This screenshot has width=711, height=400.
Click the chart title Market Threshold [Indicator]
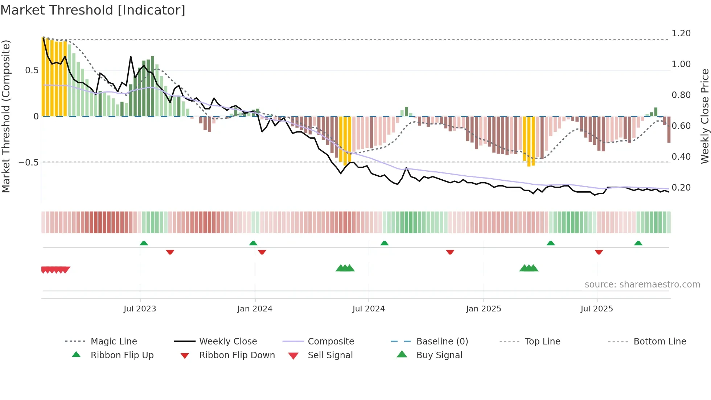[93, 10]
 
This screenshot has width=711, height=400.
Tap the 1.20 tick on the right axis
[681, 33]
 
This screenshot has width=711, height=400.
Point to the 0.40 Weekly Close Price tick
[681, 157]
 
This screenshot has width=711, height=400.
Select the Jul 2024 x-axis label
[368, 309]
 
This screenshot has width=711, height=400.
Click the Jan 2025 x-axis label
[483, 309]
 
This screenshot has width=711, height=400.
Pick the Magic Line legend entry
[114, 342]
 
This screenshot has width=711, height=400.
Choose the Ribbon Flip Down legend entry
[237, 355]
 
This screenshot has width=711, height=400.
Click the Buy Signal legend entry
[439, 355]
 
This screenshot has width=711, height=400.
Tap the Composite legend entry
[330, 342]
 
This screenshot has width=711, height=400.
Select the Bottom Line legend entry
[659, 342]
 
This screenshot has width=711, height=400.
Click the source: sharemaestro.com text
[642, 285]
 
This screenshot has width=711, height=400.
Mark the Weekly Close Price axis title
[704, 116]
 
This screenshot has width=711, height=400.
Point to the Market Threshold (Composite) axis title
[6, 116]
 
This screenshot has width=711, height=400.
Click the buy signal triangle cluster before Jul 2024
[345, 269]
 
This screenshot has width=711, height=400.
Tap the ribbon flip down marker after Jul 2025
[599, 252]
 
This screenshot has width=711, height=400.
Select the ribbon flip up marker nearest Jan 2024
[253, 243]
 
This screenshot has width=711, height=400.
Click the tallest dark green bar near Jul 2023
[153, 86]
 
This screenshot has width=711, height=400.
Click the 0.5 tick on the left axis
[32, 70]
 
